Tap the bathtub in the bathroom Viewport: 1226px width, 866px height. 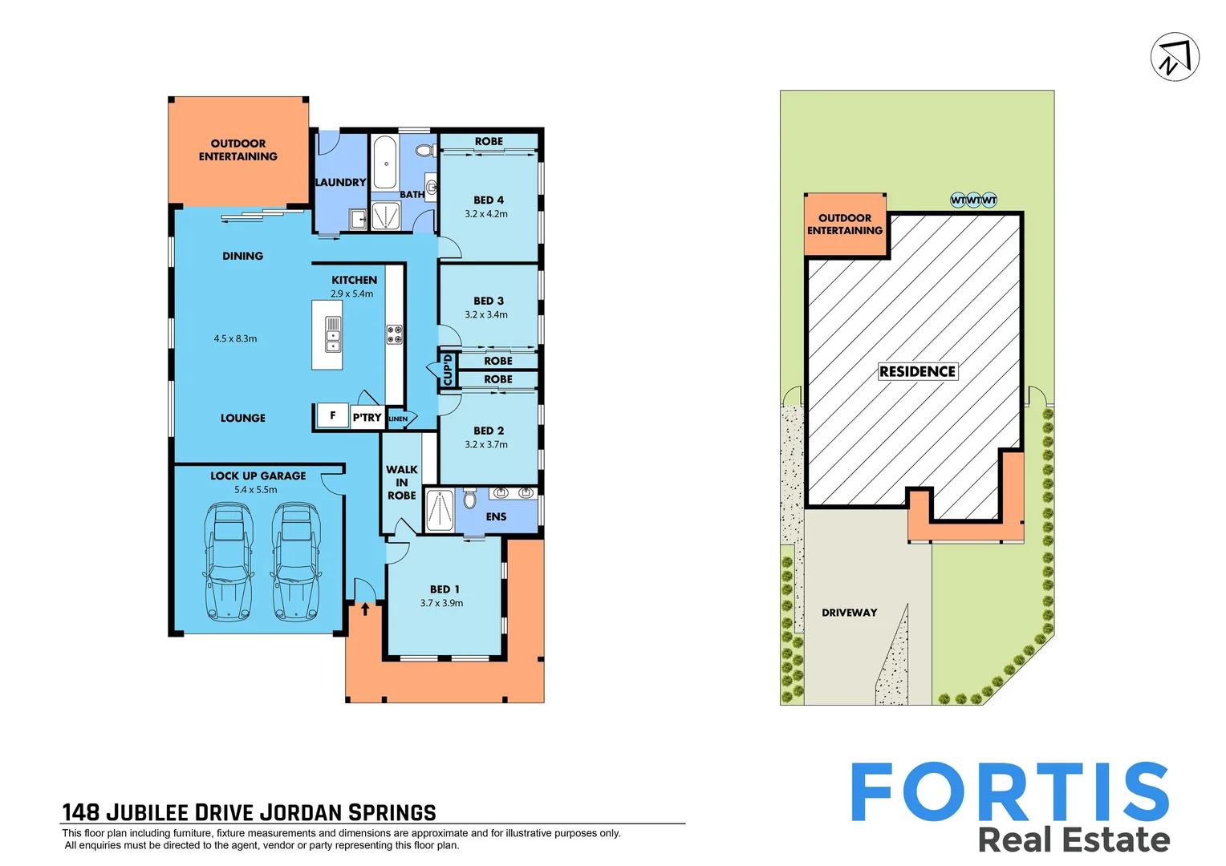pyautogui.click(x=385, y=162)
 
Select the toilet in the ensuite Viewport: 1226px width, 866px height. pyautogui.click(x=469, y=500)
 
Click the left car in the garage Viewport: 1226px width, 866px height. pyautogui.click(x=229, y=561)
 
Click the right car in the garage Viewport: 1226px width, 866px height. pyautogui.click(x=296, y=561)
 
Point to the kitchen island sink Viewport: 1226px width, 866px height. pyautogui.click(x=332, y=334)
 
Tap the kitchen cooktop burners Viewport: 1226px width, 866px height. pyautogui.click(x=394, y=334)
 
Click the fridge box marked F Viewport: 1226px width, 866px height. pyautogui.click(x=332, y=415)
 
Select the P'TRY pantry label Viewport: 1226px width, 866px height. pyautogui.click(x=367, y=417)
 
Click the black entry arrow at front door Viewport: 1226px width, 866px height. pyautogui.click(x=365, y=609)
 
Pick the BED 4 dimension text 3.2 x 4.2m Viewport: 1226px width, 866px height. pyautogui.click(x=486, y=214)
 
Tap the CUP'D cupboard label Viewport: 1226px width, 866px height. pyautogui.click(x=448, y=370)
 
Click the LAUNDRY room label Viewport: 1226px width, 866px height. pyautogui.click(x=340, y=183)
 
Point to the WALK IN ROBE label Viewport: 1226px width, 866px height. pyautogui.click(x=401, y=483)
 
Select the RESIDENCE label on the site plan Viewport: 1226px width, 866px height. pyautogui.click(x=917, y=371)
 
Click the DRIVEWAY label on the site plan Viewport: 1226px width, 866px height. pyautogui.click(x=849, y=613)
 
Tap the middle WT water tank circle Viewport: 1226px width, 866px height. pyautogui.click(x=973, y=200)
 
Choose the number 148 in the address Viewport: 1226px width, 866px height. pyautogui.click(x=81, y=812)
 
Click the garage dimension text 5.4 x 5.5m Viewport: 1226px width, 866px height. pyautogui.click(x=256, y=489)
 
